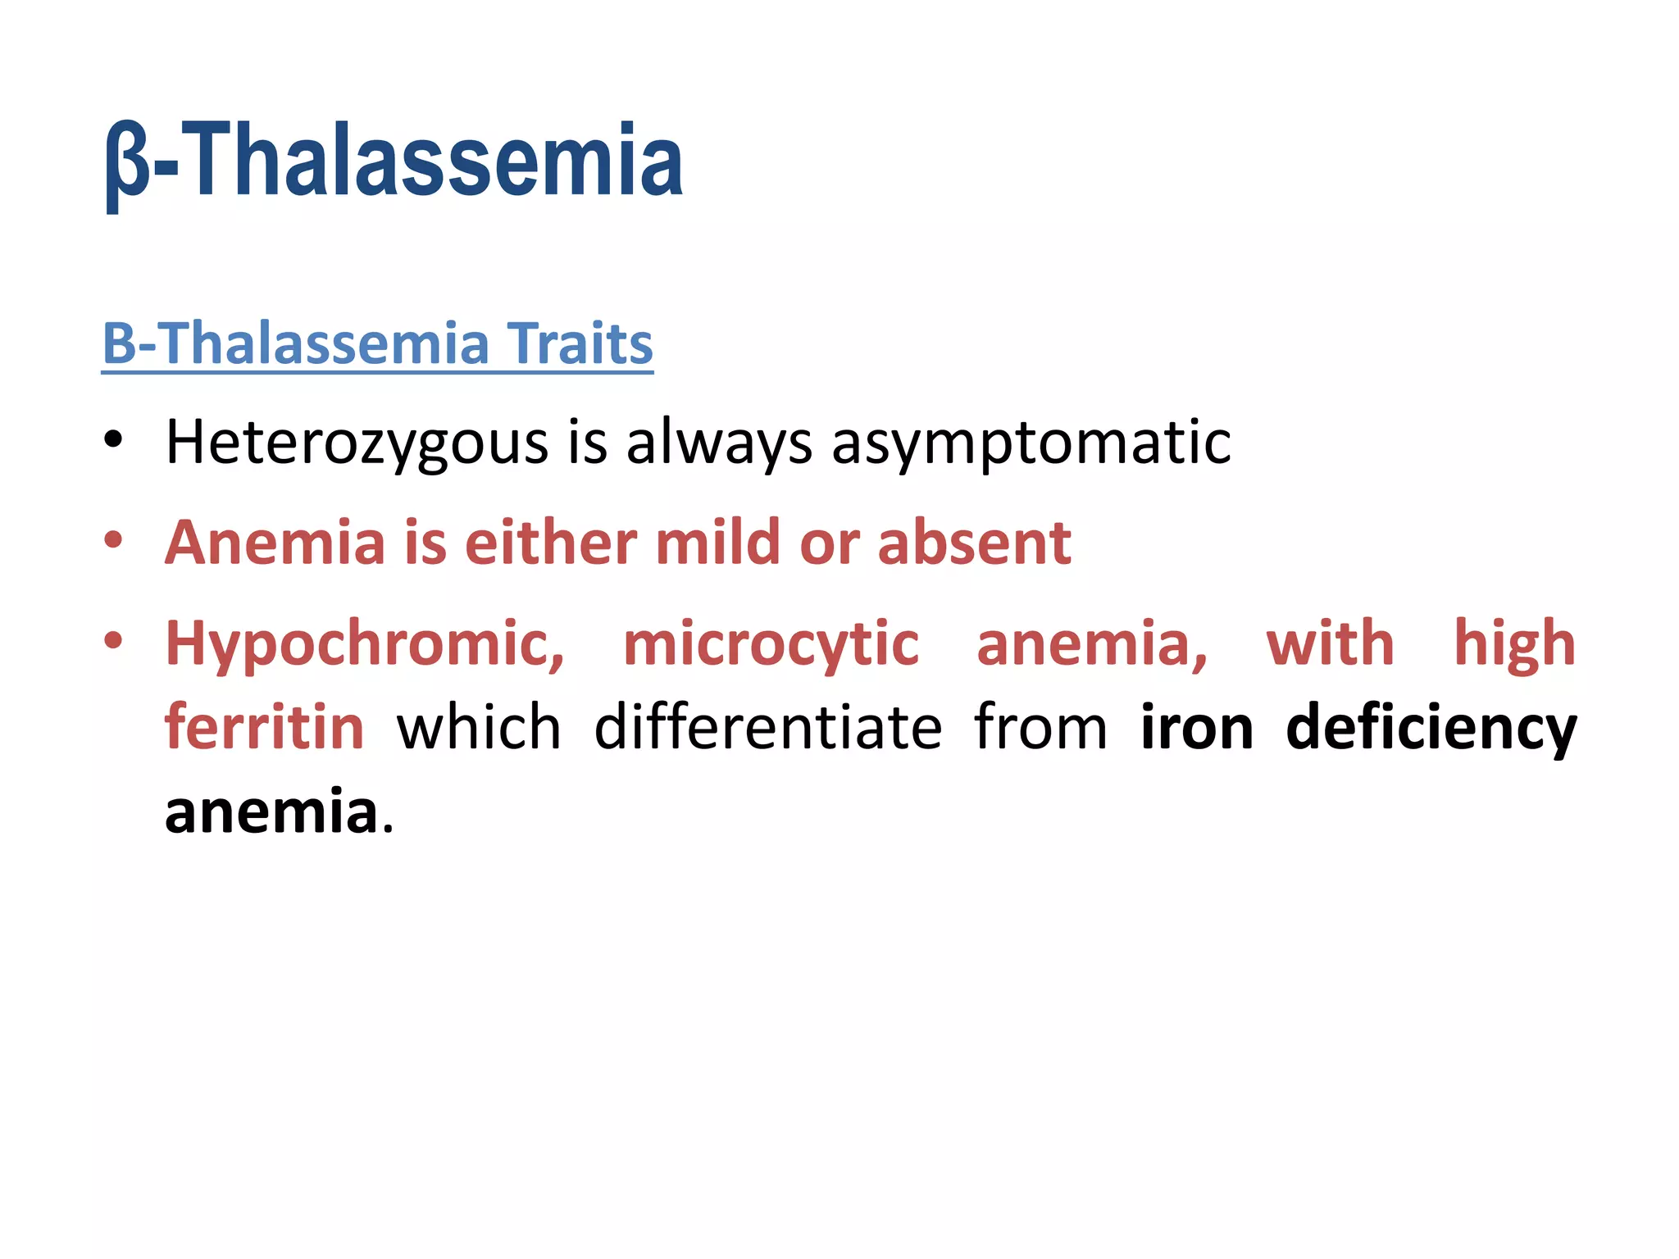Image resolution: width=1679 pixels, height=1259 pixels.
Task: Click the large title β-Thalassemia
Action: tap(394, 161)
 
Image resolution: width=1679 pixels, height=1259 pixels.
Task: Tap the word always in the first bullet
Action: tap(719, 443)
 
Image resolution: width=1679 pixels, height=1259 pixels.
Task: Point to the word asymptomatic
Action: tap(1031, 443)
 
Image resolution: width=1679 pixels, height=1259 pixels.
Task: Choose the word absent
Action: tap(974, 543)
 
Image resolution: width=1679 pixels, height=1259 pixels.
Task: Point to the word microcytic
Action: tap(771, 644)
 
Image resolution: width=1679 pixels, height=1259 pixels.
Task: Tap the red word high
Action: tap(1514, 644)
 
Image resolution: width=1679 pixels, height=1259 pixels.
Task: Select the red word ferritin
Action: tap(264, 728)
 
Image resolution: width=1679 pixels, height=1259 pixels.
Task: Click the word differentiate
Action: tap(767, 728)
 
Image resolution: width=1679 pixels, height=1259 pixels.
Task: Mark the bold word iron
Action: tap(1196, 728)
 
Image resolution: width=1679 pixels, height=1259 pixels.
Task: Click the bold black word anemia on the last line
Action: tap(271, 812)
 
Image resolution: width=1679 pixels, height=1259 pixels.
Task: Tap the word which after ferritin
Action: tap(479, 728)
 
